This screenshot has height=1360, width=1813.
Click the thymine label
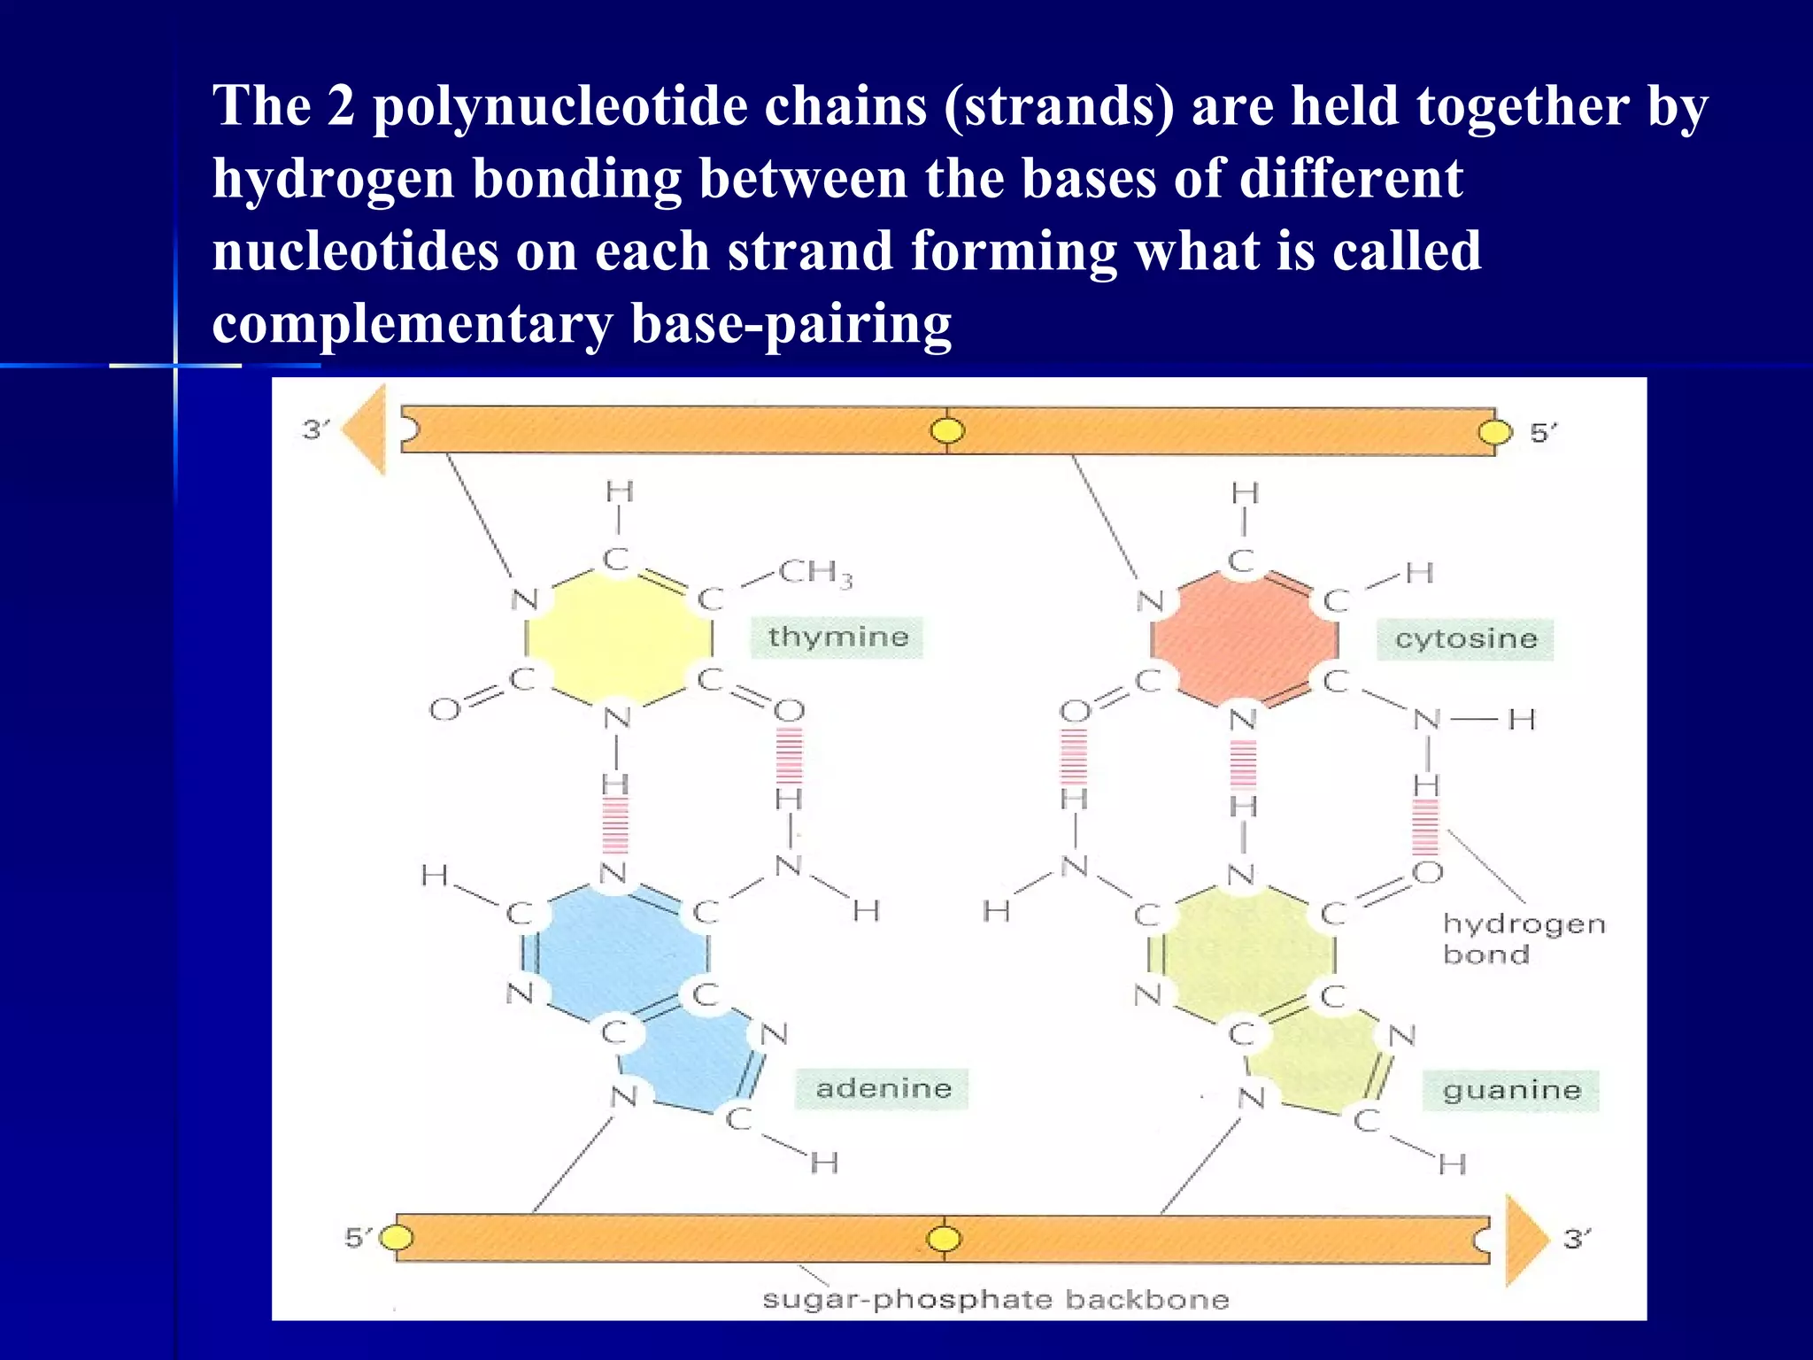[x=837, y=637]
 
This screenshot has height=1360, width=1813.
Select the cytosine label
[x=1465, y=639]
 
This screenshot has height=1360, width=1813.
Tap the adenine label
[x=883, y=1088]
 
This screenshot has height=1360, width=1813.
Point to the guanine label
[x=1511, y=1090]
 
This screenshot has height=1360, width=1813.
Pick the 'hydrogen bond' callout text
[x=1523, y=939]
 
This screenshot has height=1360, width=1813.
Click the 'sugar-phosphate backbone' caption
[x=996, y=1300]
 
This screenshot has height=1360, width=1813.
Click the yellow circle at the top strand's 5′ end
[x=1495, y=432]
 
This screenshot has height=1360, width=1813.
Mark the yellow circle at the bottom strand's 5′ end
[x=397, y=1237]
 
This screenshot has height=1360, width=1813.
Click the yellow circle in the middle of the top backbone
[x=947, y=431]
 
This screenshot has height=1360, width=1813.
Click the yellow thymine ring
[x=619, y=636]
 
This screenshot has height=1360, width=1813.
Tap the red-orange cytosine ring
[x=1244, y=637]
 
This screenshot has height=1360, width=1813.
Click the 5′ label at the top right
[x=1543, y=433]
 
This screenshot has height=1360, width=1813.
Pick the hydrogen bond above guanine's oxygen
[x=1425, y=827]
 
